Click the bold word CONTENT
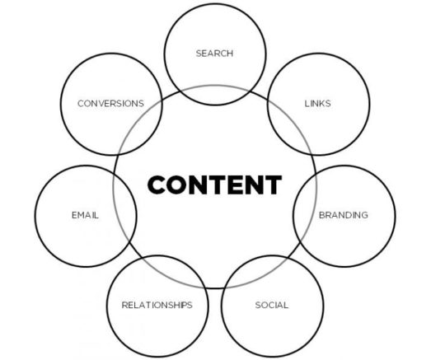coord(214,185)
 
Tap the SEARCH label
coord(214,54)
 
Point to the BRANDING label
coord(344,215)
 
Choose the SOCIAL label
coord(272,306)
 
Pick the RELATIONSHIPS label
coord(157,306)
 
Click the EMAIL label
coord(85,215)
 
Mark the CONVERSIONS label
coord(110,104)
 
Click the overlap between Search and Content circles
coord(215,96)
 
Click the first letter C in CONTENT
coord(157,185)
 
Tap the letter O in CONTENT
coord(177,185)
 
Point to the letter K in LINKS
coord(320,104)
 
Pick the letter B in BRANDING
coord(322,215)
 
